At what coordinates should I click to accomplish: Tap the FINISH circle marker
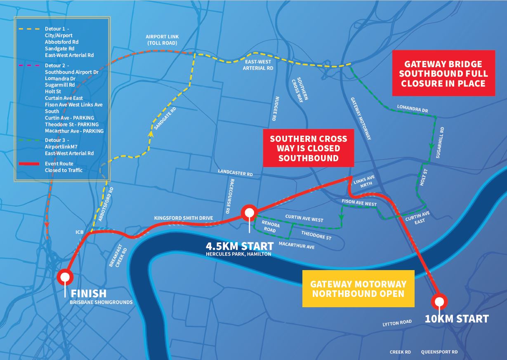[x=65, y=277]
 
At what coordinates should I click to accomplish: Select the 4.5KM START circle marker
[x=249, y=213]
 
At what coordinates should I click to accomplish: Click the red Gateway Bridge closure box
[x=443, y=73]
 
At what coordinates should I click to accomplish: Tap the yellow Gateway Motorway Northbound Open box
[x=358, y=289]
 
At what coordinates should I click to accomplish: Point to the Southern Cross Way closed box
[x=308, y=148]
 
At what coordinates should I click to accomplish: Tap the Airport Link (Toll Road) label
[x=162, y=40]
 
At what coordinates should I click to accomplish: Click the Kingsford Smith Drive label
[x=184, y=217]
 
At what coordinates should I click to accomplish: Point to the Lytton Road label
[x=397, y=323]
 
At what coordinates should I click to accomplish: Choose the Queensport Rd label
[x=439, y=352]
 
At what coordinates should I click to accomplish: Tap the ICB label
[x=80, y=232]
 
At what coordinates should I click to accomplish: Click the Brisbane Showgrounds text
[x=101, y=302]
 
